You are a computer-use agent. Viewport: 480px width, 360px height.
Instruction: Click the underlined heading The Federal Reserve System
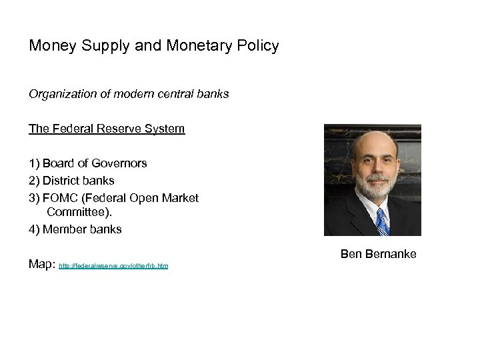pos(107,129)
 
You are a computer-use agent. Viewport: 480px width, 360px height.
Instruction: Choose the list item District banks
pos(79,180)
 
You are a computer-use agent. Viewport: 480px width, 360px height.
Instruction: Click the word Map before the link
pos(41,264)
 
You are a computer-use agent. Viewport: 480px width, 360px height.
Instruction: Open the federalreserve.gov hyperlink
pos(114,266)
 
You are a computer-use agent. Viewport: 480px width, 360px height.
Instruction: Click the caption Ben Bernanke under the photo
pos(378,254)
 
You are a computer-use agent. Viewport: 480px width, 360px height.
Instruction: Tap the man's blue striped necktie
pos(381,221)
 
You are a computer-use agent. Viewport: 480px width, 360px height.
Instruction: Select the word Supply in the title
pos(109,47)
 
